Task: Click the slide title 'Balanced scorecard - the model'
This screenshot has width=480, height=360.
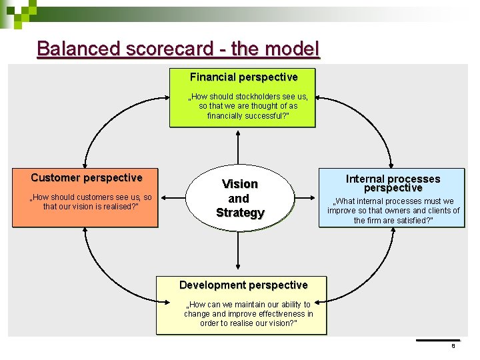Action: [x=179, y=49]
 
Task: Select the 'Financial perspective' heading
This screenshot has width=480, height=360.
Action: [x=243, y=77]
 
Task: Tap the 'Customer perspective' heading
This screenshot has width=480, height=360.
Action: [x=86, y=178]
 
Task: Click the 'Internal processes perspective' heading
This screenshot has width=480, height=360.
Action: [x=393, y=183]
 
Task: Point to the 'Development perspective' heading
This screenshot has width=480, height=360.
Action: [x=243, y=285]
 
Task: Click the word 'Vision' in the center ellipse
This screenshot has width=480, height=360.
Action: [x=239, y=184]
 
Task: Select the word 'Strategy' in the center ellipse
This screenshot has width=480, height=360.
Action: [x=240, y=213]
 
